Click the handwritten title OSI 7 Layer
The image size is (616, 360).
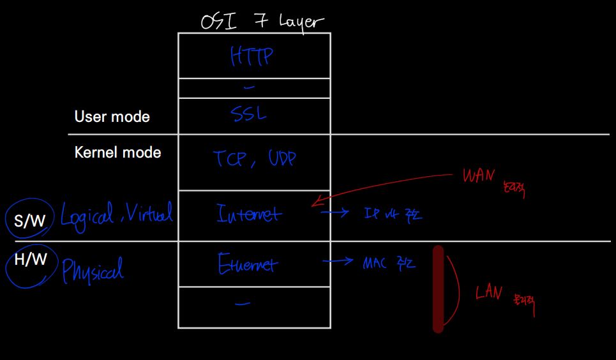[262, 22]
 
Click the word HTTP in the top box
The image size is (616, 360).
[252, 56]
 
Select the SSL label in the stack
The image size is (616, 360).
[248, 115]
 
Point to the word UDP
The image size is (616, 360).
[281, 159]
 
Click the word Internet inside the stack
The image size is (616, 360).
[248, 213]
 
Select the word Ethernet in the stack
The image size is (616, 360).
[248, 264]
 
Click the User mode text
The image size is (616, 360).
[112, 117]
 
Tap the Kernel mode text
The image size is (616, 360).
[117, 153]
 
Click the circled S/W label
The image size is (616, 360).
[30, 221]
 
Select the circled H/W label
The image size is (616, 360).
[31, 260]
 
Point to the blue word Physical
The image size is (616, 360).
[93, 269]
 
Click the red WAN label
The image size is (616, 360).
[478, 176]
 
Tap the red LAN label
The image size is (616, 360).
[489, 293]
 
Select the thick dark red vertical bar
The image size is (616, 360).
[438, 289]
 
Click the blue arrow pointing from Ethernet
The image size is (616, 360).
[338, 261]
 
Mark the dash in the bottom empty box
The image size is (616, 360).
[243, 304]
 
